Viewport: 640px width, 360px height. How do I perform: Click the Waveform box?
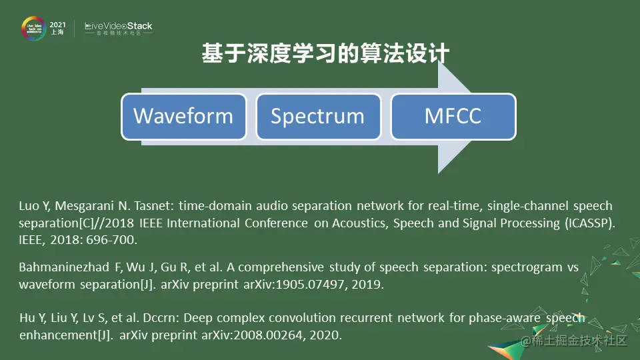[184, 117]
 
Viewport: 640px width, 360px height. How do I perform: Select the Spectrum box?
[319, 117]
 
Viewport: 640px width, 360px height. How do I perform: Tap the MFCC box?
[453, 117]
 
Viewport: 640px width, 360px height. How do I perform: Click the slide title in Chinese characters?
[326, 53]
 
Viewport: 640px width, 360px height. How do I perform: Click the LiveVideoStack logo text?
[119, 28]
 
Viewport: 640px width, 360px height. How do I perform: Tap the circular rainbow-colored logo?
[33, 28]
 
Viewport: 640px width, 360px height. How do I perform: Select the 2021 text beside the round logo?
[57, 25]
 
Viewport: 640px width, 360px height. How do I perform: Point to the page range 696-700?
[110, 240]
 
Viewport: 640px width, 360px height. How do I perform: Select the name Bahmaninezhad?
[64, 267]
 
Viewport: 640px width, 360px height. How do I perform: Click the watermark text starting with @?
[573, 341]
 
